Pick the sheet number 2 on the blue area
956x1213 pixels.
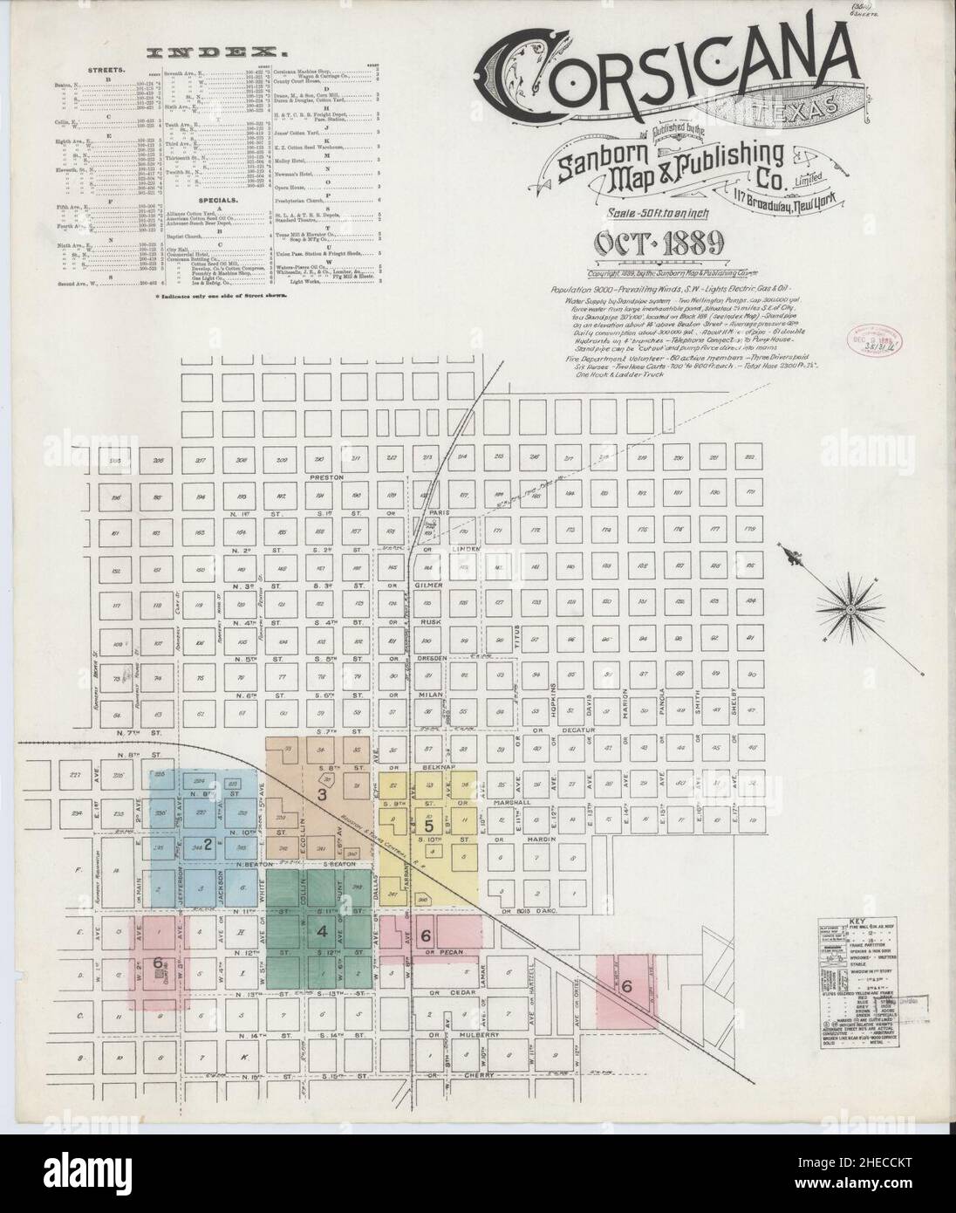pyautogui.click(x=208, y=843)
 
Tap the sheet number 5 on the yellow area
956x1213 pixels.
pyautogui.click(x=428, y=825)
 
